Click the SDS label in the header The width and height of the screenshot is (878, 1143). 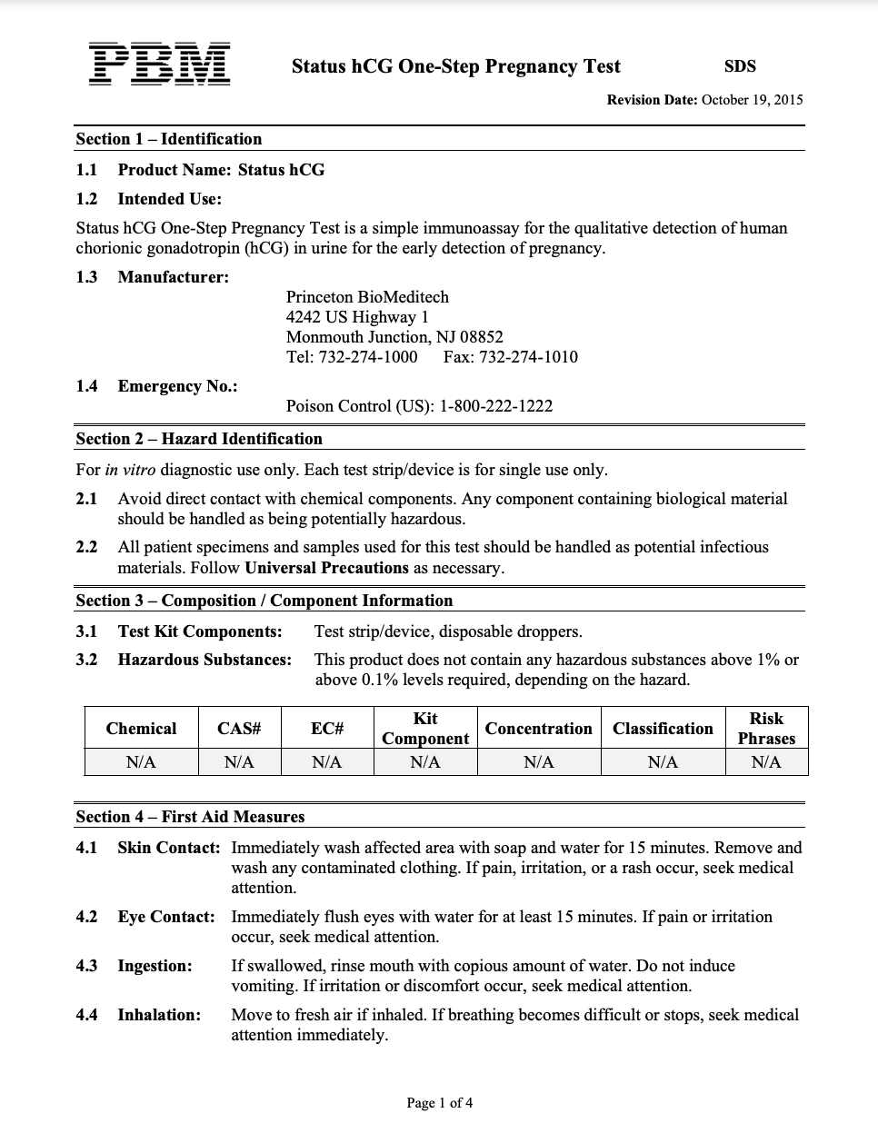pyautogui.click(x=740, y=66)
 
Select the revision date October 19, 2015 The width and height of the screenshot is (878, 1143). pyautogui.click(x=753, y=100)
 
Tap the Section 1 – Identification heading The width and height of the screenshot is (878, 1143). pyautogui.click(x=168, y=139)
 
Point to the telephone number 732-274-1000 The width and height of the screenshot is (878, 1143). pyautogui.click(x=367, y=357)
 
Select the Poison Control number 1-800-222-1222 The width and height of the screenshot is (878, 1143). pyautogui.click(x=496, y=406)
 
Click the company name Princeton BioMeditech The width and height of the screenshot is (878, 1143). pyautogui.click(x=367, y=297)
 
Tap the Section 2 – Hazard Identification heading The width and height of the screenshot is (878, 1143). pyautogui.click(x=199, y=439)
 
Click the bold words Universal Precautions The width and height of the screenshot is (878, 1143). pyautogui.click(x=327, y=568)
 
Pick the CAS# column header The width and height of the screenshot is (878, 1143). pyautogui.click(x=239, y=729)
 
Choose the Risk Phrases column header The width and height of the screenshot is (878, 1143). pyautogui.click(x=766, y=729)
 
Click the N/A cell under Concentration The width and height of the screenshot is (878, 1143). pyautogui.click(x=538, y=762)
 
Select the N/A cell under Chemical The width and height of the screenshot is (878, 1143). pyautogui.click(x=141, y=762)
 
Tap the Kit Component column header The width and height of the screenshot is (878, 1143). pyautogui.click(x=424, y=729)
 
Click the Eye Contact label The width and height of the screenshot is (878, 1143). pyautogui.click(x=166, y=917)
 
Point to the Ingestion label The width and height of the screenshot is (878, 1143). pyautogui.click(x=155, y=966)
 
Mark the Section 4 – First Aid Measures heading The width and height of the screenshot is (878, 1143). pyautogui.click(x=190, y=817)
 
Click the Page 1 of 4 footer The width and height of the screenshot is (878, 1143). pyautogui.click(x=439, y=1104)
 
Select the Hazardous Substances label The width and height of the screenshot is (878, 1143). pyautogui.click(x=205, y=660)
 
